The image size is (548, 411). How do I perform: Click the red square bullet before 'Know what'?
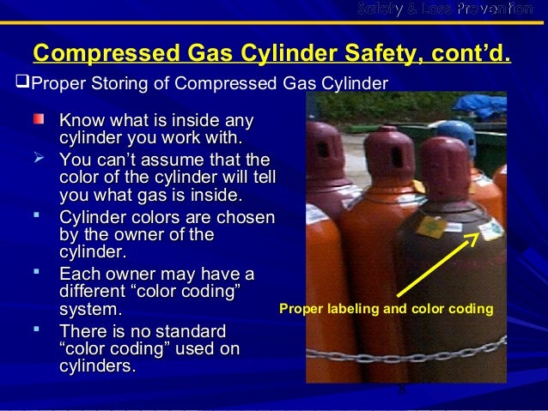(38, 118)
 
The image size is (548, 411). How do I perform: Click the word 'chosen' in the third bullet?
(244, 217)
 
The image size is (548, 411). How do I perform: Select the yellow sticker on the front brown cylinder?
(429, 229)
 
